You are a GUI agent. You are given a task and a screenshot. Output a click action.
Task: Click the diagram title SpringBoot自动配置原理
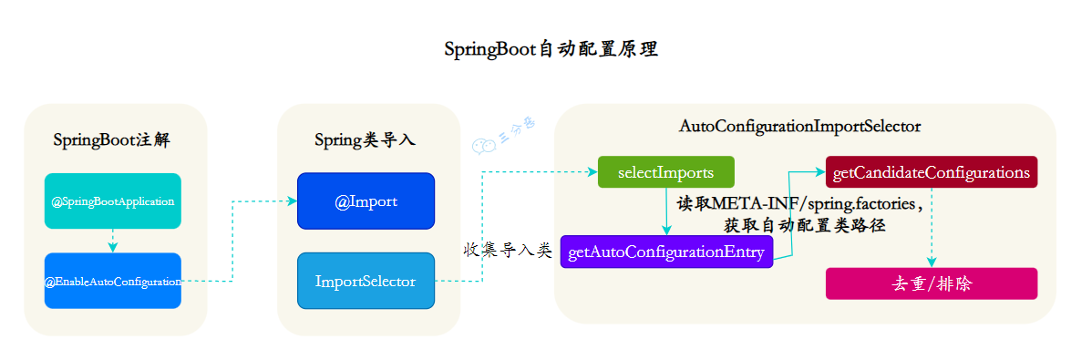coord(551,49)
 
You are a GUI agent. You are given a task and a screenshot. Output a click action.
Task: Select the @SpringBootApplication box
coord(113,201)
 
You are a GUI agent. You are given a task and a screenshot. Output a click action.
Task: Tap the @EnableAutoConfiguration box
coord(113,281)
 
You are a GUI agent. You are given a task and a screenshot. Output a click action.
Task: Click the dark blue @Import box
coord(366,201)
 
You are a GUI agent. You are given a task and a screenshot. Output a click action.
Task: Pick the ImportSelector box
coord(366,281)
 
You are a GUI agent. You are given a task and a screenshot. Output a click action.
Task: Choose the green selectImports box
coord(665,172)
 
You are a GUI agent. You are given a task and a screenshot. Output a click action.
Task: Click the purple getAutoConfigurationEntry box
coord(666,252)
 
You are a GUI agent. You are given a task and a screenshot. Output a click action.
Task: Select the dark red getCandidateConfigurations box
coord(931,172)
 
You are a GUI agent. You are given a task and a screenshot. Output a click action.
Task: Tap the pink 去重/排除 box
coord(931,283)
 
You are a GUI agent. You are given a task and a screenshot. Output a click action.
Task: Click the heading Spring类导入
coord(365,140)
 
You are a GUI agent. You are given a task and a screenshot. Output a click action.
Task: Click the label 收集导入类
coord(508,250)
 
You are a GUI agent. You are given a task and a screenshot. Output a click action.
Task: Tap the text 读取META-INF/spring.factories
coord(799,202)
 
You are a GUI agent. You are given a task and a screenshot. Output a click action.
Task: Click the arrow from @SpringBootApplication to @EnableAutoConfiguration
coord(113,241)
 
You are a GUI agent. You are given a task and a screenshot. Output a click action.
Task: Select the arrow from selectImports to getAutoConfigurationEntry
coord(666,211)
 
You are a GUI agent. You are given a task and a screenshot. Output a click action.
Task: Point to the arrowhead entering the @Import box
coord(292,201)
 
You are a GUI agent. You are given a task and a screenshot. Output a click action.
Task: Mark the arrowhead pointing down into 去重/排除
coord(931,262)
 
